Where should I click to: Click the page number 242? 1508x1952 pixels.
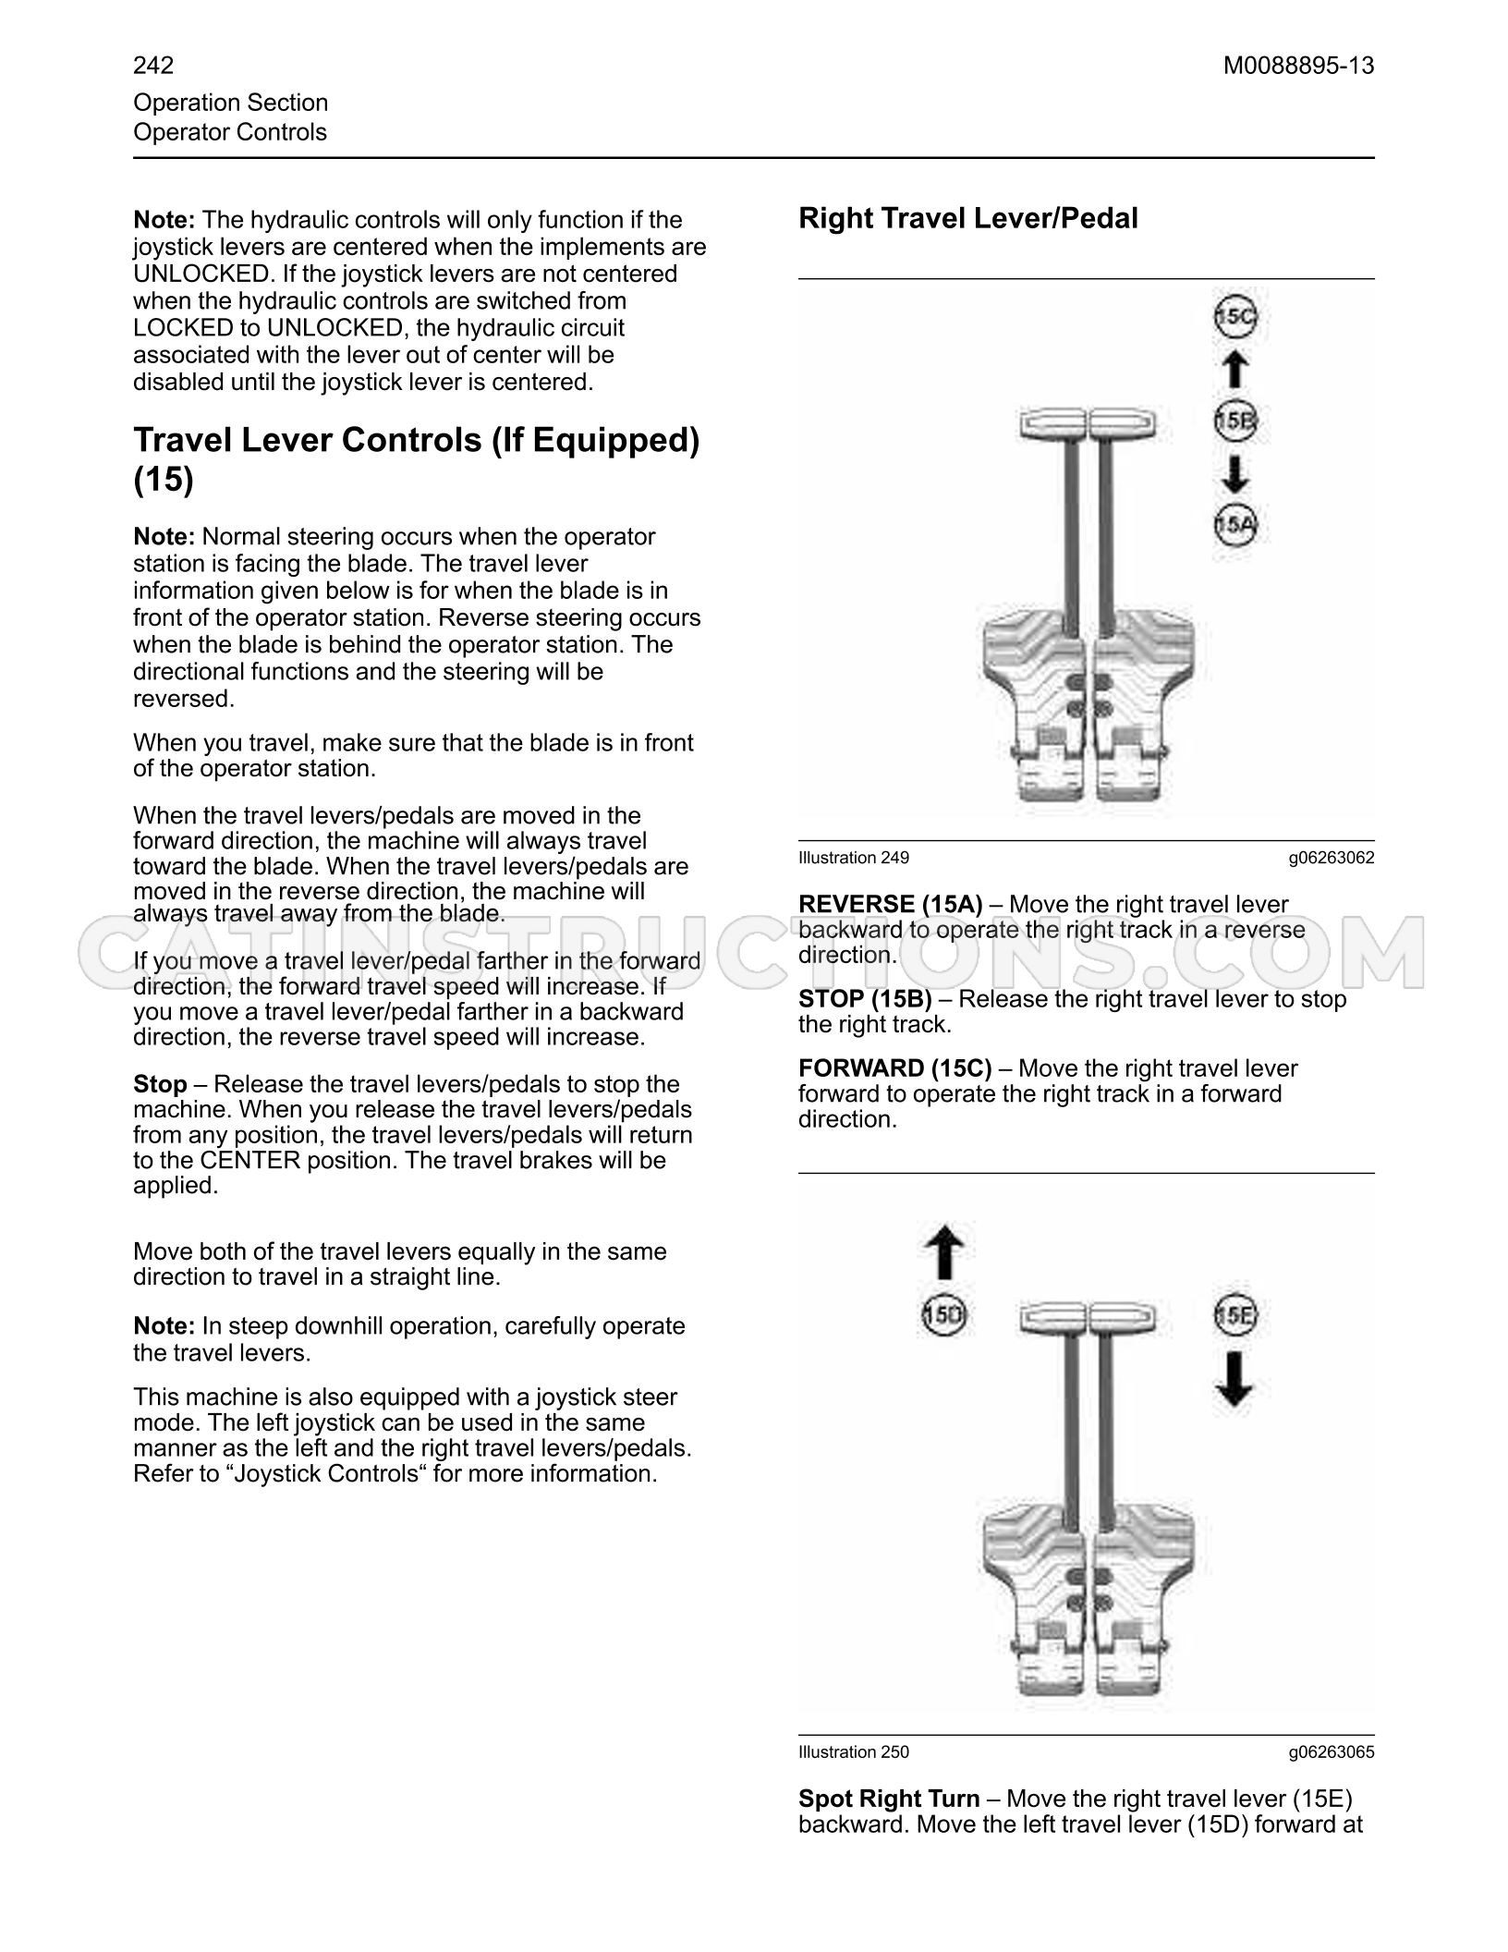tap(153, 66)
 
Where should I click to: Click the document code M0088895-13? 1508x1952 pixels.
tap(1299, 66)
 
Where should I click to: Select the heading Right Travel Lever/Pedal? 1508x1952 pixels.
tap(968, 219)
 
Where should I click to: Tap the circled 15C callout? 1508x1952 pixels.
tap(1236, 317)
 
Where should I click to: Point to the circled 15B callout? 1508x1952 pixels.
tap(1236, 421)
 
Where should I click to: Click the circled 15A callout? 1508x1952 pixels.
tap(1236, 526)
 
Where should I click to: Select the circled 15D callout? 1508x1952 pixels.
tap(943, 1316)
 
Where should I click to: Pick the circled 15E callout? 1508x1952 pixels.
tap(1236, 1316)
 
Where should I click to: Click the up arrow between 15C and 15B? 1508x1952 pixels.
tap(1236, 370)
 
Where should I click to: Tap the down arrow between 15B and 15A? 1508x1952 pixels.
tap(1236, 474)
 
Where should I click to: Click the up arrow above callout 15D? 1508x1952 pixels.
tap(943, 1253)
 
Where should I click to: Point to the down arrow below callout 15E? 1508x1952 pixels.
tap(1236, 1380)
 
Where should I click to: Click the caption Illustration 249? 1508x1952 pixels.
tap(854, 858)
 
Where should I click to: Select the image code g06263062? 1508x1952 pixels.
tap(1332, 858)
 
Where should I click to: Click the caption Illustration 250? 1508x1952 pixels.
tap(854, 1751)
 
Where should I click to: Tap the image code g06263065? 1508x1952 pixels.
tap(1332, 1751)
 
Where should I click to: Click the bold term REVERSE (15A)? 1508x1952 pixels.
tap(891, 905)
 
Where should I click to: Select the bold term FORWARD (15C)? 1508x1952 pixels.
tap(895, 1069)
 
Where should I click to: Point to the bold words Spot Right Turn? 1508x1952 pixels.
tap(889, 1799)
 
